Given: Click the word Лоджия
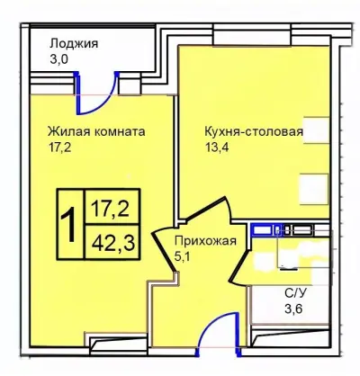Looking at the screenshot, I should (74, 43).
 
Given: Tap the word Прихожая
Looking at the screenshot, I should (205, 240).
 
